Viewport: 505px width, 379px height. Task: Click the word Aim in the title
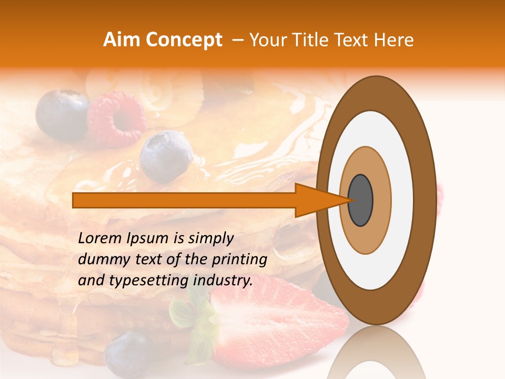(x=122, y=40)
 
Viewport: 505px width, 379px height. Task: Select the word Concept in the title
(x=184, y=40)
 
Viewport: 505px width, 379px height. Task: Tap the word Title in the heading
(x=314, y=40)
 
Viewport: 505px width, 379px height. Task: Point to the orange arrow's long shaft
(x=184, y=200)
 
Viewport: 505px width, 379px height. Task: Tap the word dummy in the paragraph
(x=99, y=260)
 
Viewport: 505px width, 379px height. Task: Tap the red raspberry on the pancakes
(x=117, y=118)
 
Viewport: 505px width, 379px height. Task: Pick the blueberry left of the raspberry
(x=62, y=113)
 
